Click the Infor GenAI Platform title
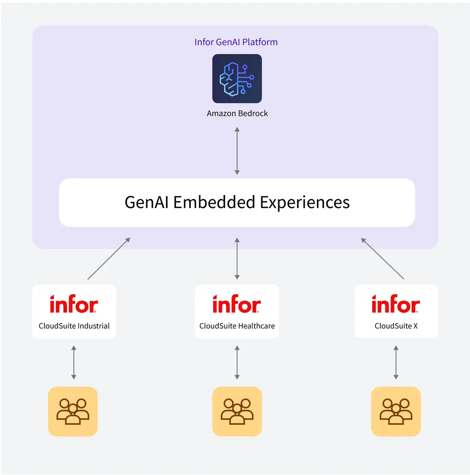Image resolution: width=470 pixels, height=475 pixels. pyautogui.click(x=236, y=42)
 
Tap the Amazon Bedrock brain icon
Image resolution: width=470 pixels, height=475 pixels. pyautogui.click(x=237, y=79)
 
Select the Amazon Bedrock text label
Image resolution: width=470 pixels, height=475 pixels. pyautogui.click(x=237, y=113)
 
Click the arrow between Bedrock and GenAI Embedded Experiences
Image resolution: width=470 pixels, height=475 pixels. pyautogui.click(x=237, y=151)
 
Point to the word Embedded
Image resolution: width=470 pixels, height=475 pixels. pyautogui.click(x=214, y=202)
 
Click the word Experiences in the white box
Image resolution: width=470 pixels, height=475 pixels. pyautogui.click(x=305, y=202)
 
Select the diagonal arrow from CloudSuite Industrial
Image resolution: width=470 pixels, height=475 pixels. pyautogui.click(x=109, y=259)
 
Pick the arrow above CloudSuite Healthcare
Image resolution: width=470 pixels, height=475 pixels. pyautogui.click(x=237, y=259)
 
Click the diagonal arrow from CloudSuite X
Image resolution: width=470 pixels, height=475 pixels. pyautogui.click(x=382, y=259)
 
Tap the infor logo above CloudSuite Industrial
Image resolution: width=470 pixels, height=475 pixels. pyautogui.click(x=74, y=304)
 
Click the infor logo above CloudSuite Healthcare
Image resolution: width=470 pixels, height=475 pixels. pyautogui.click(x=237, y=304)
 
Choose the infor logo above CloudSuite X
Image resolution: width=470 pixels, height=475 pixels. pyautogui.click(x=396, y=304)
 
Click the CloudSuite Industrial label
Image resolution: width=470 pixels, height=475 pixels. pyautogui.click(x=74, y=326)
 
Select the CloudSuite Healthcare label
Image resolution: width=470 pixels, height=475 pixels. pyautogui.click(x=237, y=326)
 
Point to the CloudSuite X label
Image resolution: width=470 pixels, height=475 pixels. pyautogui.click(x=396, y=326)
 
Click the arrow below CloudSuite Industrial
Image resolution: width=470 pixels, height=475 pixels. pyautogui.click(x=74, y=363)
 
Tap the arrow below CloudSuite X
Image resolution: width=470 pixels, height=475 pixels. pyautogui.click(x=396, y=363)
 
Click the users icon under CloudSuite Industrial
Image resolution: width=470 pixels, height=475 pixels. pyautogui.click(x=73, y=412)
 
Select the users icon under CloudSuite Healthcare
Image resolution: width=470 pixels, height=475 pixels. pyautogui.click(x=237, y=412)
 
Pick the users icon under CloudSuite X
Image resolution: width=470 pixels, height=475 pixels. pyautogui.click(x=396, y=412)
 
